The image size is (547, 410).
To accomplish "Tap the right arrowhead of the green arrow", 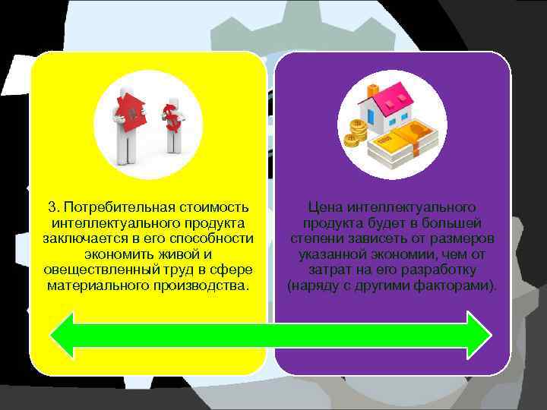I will coord(479,334).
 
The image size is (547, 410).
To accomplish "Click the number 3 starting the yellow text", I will coord(52,207).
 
